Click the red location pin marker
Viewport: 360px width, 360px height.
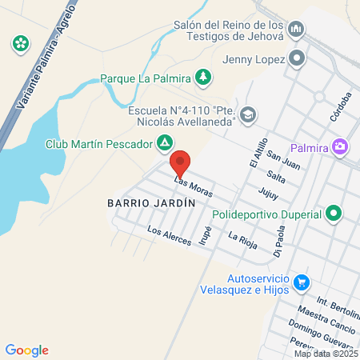point(181,163)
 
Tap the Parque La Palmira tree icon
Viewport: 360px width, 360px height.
point(204,77)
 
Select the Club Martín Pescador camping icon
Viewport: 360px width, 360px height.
point(164,143)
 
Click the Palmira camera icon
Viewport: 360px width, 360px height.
point(341,146)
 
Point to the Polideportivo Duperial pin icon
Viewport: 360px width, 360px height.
point(334,214)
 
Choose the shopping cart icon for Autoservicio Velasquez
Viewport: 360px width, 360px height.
point(301,282)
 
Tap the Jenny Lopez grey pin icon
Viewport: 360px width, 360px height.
point(297,58)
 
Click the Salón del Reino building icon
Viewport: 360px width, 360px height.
point(297,30)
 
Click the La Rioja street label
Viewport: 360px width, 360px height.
point(242,240)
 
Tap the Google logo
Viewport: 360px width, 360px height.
point(27,350)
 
